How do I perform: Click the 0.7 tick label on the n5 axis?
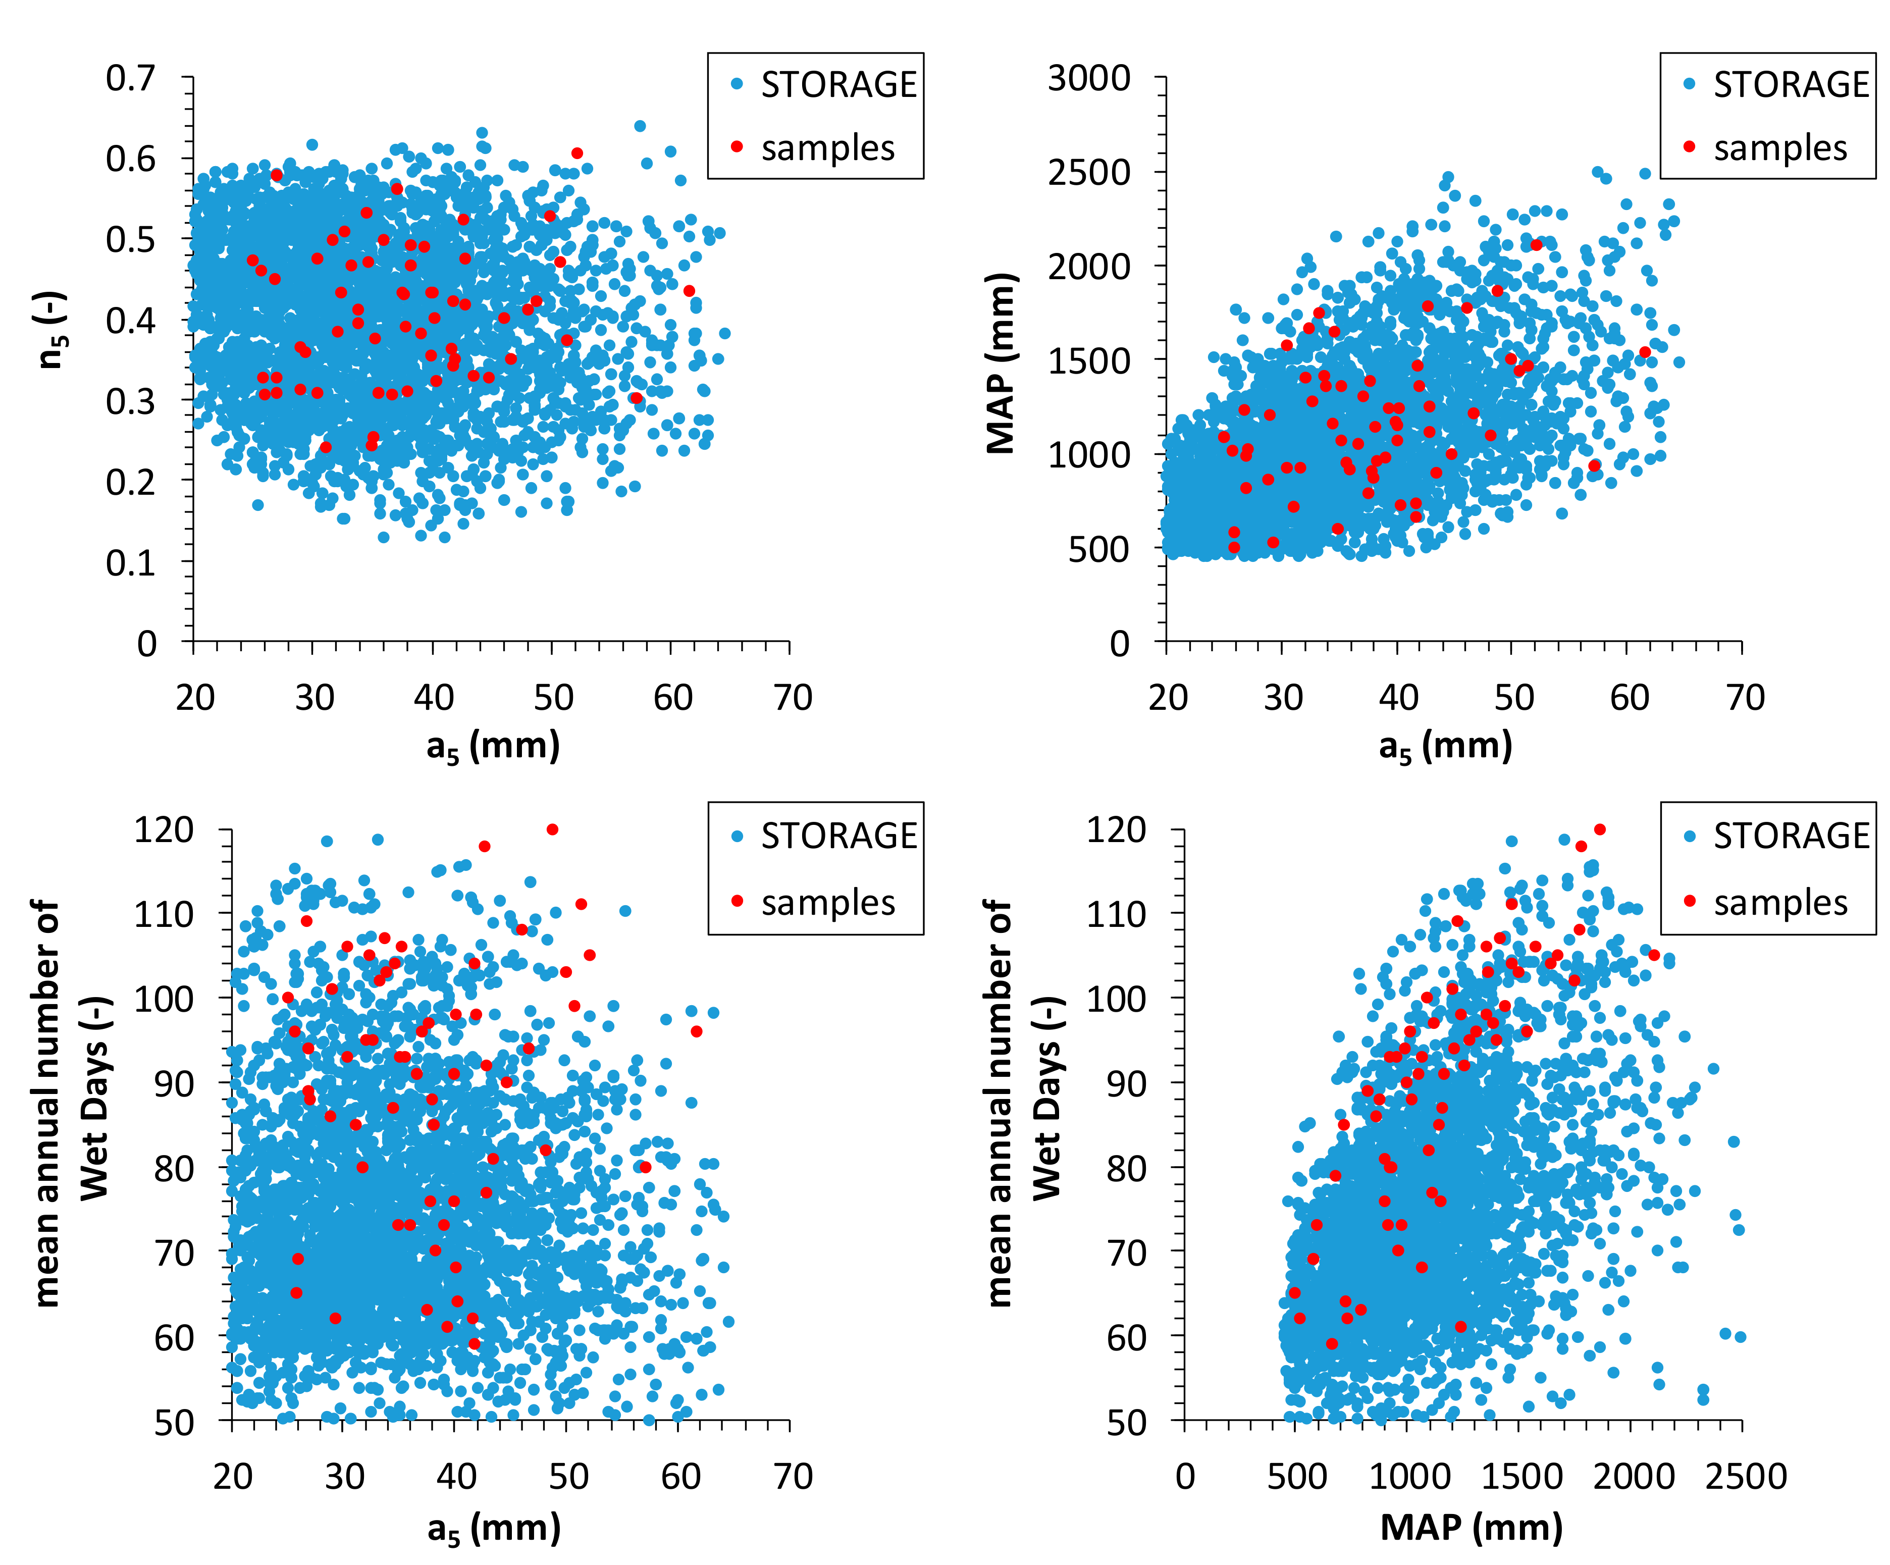(131, 79)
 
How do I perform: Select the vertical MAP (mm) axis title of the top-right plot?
(1001, 362)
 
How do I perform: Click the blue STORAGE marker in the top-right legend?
(1689, 84)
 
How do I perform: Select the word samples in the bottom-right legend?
(1779, 903)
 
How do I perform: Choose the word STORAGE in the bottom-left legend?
(839, 836)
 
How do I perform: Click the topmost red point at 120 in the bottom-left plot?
(553, 829)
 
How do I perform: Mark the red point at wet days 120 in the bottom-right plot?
(1599, 829)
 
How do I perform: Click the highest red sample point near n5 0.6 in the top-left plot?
(577, 153)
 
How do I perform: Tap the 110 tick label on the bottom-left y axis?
(164, 914)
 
